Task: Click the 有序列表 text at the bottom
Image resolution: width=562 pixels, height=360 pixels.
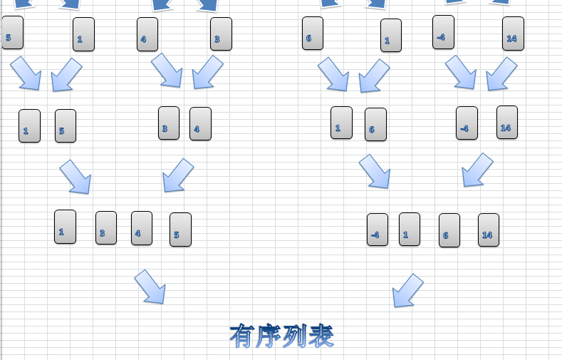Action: point(281,335)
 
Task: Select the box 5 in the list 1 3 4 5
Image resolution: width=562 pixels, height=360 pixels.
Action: point(180,230)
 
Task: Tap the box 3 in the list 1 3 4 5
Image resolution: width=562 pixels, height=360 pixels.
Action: point(106,228)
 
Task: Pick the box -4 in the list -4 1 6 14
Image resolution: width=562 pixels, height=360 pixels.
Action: point(378,230)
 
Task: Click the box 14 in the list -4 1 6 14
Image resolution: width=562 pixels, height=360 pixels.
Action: point(489,230)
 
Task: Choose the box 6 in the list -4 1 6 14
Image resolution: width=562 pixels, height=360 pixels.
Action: point(449,230)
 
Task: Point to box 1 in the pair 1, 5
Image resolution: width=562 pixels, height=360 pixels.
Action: point(29,126)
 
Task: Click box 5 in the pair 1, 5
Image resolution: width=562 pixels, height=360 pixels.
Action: point(66,126)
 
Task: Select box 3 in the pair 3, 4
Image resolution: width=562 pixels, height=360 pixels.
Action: point(169,123)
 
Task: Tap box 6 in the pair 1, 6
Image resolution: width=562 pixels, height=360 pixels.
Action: point(375,125)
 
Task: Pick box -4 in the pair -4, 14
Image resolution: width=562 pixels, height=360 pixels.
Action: point(467,123)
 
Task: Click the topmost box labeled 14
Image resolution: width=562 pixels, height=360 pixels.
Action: point(513,34)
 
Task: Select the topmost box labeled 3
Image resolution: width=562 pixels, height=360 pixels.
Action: point(221,34)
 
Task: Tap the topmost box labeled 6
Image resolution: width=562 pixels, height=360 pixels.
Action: point(313,34)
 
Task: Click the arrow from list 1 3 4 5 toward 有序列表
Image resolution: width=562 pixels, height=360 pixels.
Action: point(150,287)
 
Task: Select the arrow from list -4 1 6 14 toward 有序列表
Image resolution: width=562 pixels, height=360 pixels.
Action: point(408,289)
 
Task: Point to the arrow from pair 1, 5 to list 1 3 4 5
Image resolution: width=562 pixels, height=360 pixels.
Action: point(76,177)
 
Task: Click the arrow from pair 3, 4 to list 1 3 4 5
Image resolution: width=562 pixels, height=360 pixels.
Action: point(178,175)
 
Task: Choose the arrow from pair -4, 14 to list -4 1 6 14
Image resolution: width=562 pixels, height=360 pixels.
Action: point(477,170)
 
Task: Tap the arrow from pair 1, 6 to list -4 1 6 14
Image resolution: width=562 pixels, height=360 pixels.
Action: point(375,171)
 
